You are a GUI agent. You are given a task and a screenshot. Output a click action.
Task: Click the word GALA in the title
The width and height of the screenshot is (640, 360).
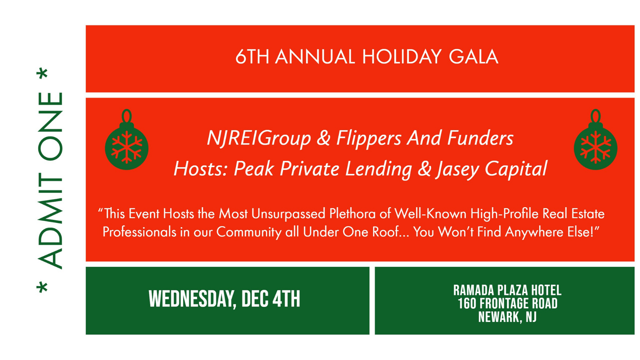click(474, 56)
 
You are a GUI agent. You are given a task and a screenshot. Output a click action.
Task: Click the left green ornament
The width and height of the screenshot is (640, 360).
click(126, 143)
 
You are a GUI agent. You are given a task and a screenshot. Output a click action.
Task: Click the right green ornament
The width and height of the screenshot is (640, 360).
click(596, 143)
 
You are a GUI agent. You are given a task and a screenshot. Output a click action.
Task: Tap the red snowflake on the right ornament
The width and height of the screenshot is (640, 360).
click(596, 147)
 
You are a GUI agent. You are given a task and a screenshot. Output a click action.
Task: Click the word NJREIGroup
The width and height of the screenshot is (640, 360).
click(259, 139)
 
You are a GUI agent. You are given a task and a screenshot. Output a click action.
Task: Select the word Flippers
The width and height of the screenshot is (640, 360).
click(368, 138)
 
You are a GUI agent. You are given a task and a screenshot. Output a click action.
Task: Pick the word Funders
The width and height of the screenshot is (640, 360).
click(480, 138)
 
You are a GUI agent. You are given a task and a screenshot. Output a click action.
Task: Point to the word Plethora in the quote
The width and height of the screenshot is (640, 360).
click(352, 214)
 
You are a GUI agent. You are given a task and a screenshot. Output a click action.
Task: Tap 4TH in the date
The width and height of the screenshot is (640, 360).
click(286, 299)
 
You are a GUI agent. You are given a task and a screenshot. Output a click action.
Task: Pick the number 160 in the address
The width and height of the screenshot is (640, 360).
click(466, 304)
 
